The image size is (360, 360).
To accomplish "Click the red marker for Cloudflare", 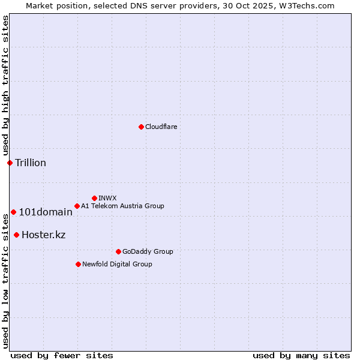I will [141, 127].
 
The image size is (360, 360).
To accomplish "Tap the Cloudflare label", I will [161, 127].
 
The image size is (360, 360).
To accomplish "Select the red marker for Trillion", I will [10, 163].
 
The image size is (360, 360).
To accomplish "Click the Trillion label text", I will [31, 163].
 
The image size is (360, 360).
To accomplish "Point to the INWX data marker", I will [94, 198].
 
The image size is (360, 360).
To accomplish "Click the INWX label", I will [107, 198].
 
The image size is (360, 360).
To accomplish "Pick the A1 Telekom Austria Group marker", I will [77, 206].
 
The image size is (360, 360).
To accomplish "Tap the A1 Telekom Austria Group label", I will [122, 206].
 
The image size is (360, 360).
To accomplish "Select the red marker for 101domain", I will [13, 212].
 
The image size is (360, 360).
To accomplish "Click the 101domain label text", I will [46, 212].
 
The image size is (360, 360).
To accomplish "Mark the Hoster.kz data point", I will [16, 235].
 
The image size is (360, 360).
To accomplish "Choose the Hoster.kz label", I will [43, 235].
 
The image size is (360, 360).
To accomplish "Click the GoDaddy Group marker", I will [118, 251].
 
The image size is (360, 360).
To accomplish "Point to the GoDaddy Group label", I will [148, 251].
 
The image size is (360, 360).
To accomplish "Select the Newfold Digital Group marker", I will [78, 264].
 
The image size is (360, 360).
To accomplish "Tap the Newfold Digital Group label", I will [117, 264].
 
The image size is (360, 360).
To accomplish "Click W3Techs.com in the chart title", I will [310, 5].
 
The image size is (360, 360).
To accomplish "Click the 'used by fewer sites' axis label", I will [62, 355].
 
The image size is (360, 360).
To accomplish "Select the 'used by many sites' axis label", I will [301, 355].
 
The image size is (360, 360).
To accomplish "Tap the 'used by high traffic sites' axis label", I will [5, 86].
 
